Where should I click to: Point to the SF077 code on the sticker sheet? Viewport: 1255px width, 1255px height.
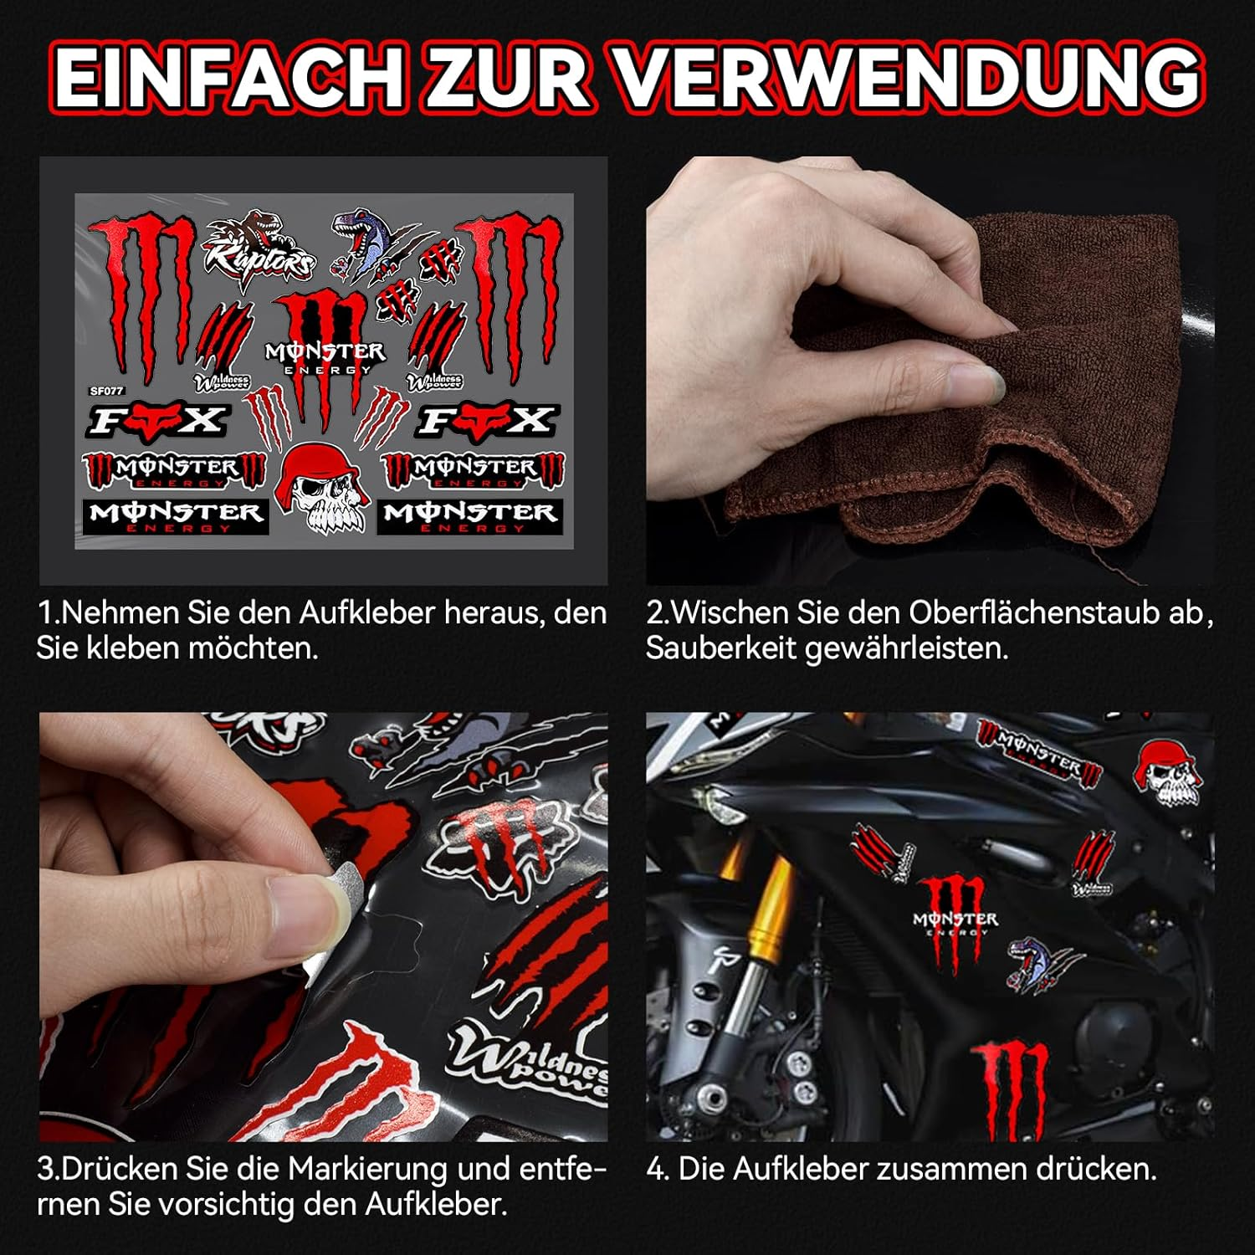click(x=106, y=391)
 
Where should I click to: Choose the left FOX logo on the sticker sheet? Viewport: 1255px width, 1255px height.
click(x=156, y=421)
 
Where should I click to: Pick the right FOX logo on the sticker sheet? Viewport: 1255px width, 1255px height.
click(x=485, y=421)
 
